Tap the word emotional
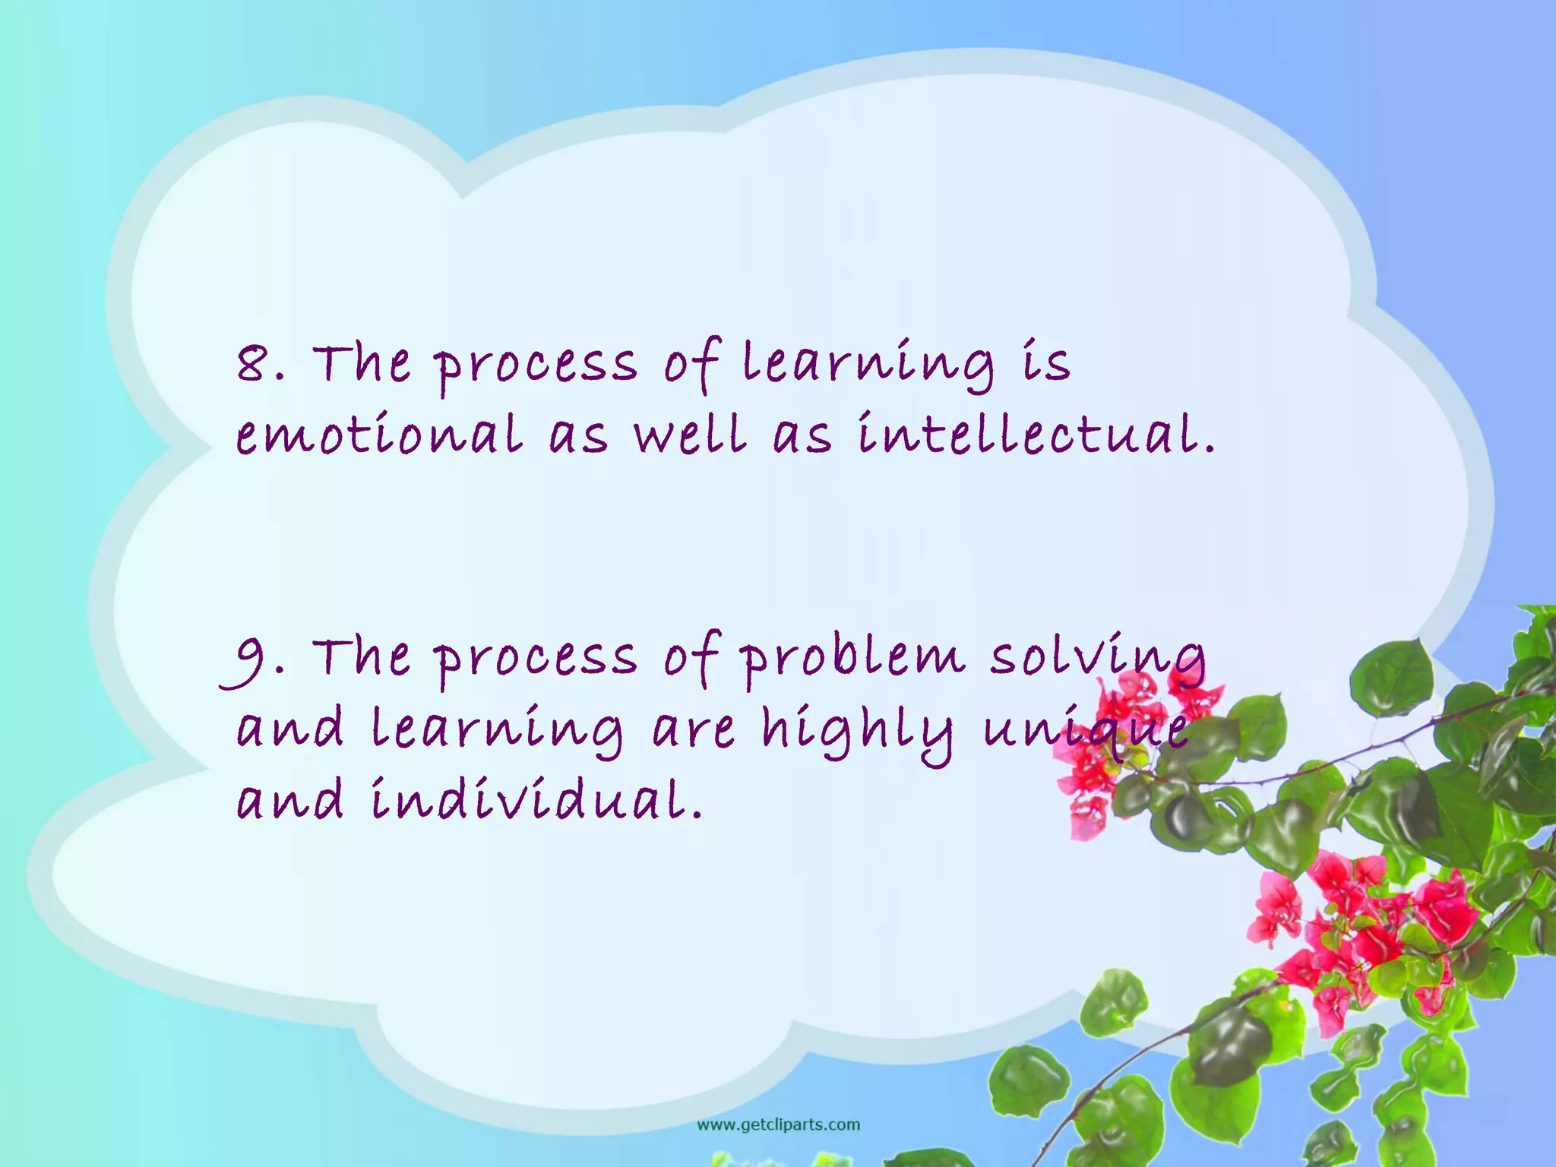pos(380,435)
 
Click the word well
pos(690,435)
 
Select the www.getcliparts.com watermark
pos(778,1124)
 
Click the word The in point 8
pos(362,362)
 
